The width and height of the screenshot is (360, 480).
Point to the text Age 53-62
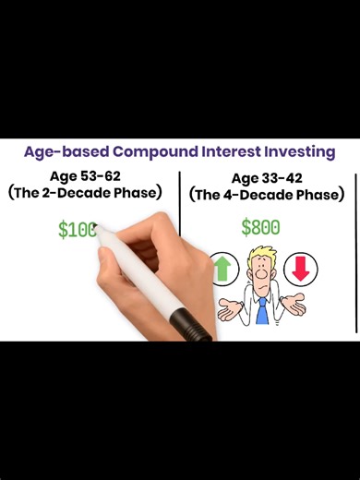tap(90, 175)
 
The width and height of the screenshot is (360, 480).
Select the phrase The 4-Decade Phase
tap(267, 196)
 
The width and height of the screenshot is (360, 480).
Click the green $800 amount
tap(260, 227)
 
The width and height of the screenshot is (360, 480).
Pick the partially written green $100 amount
tap(77, 230)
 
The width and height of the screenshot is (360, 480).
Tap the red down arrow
tap(300, 270)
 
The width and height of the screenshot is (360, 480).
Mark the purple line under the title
tap(180, 164)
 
